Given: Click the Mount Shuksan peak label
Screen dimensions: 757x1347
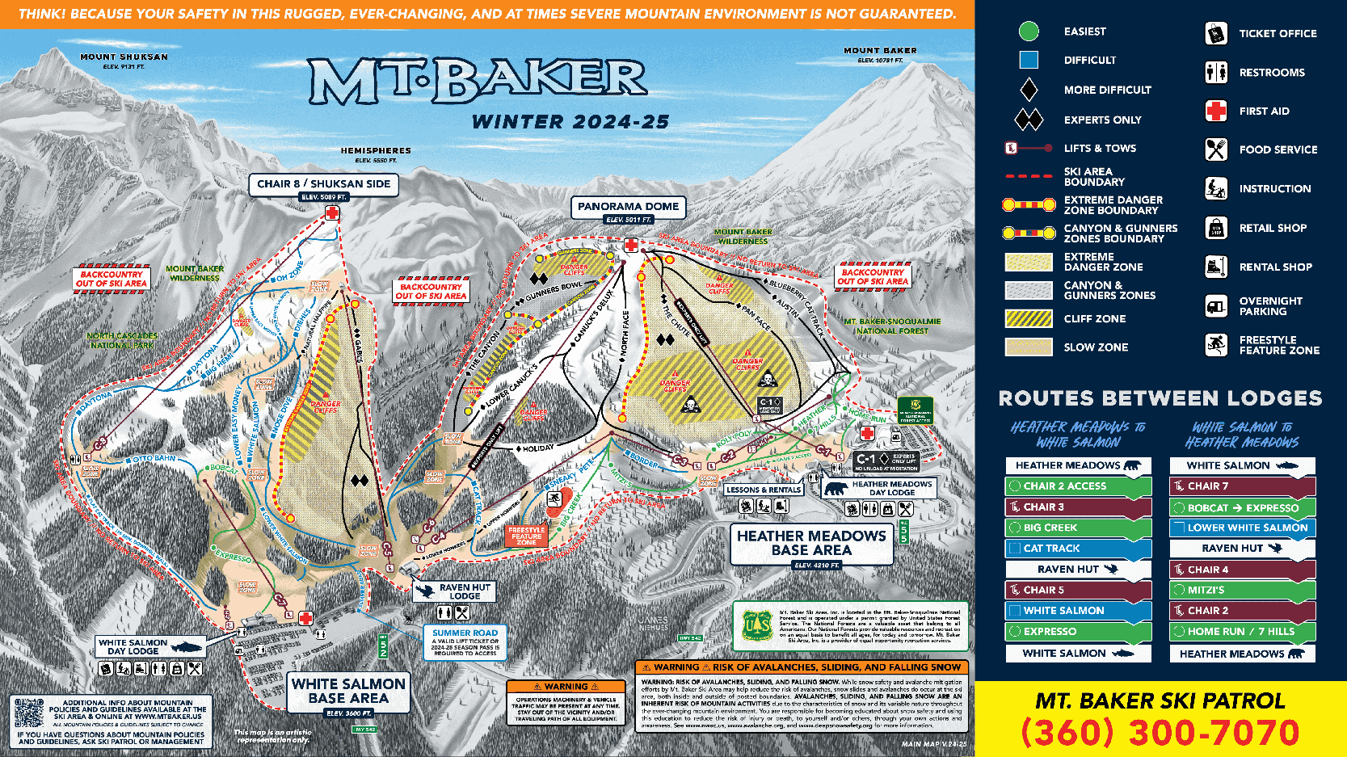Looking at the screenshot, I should [x=124, y=57].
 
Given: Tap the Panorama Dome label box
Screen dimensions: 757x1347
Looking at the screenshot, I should [x=628, y=207].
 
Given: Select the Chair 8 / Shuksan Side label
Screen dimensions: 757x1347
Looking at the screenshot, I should [x=323, y=184].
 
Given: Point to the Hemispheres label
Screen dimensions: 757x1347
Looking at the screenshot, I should [x=376, y=151].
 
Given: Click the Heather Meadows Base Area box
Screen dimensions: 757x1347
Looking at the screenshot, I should [x=811, y=543].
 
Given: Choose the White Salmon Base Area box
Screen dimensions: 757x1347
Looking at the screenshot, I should [x=348, y=691].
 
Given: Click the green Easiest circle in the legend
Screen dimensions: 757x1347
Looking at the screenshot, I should [x=1029, y=32].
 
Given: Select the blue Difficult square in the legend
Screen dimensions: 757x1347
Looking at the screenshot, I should [x=1029, y=60].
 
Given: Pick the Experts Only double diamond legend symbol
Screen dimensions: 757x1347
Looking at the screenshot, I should [x=1029, y=120].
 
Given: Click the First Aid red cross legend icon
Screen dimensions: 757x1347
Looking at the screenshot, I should [x=1216, y=111].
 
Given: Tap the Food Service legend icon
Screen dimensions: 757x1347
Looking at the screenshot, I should [x=1216, y=149].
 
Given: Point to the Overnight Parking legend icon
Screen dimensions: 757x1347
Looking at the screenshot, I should [x=1216, y=305].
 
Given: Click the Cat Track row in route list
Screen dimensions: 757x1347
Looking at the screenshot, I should [x=1078, y=549].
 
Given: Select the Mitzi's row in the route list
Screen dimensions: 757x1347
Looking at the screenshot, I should [x=1242, y=591].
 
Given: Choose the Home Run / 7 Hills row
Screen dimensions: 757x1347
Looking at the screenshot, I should [x=1242, y=632].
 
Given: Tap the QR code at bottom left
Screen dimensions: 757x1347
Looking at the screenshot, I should [x=29, y=713].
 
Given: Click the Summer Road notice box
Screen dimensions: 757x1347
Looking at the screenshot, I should [x=465, y=642].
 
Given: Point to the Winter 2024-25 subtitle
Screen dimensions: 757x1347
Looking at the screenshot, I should [x=570, y=122].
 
